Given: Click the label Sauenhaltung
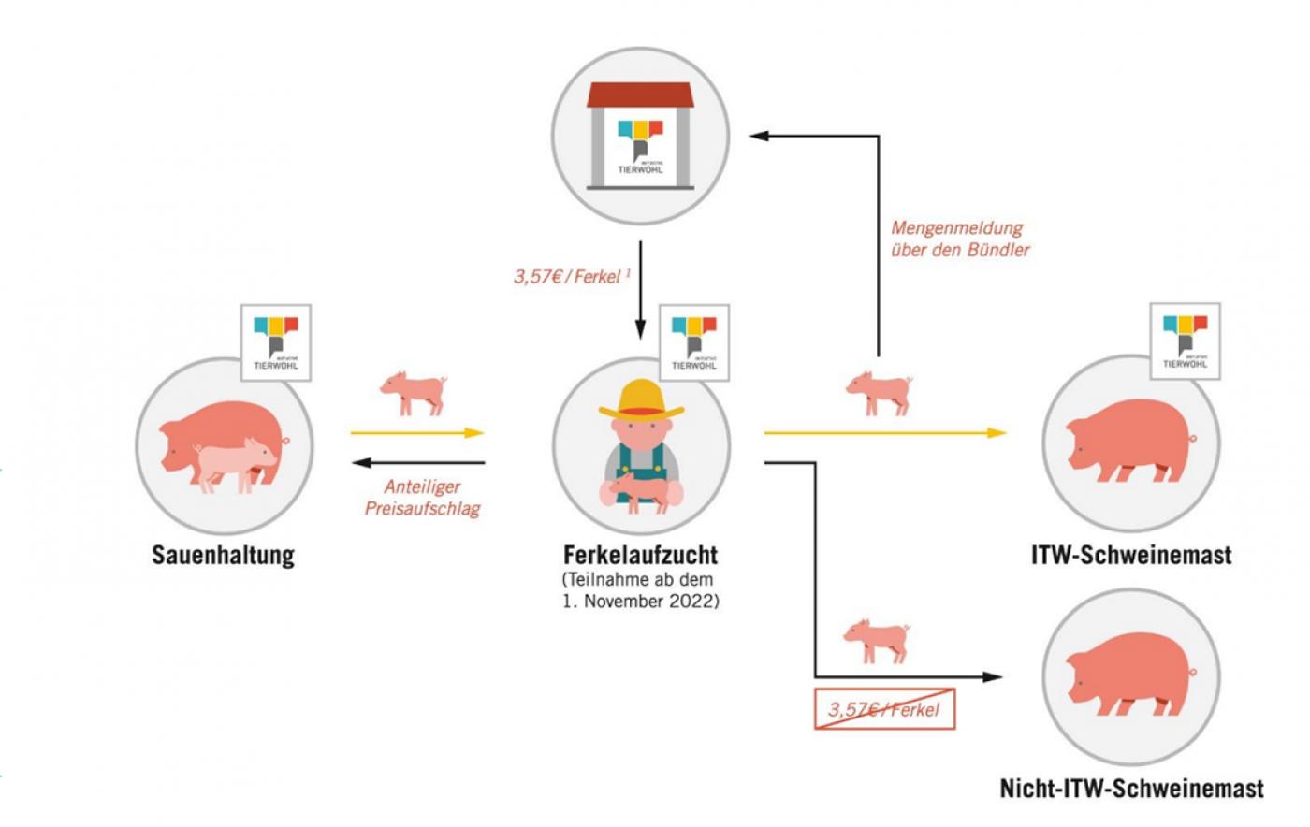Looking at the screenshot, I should tap(223, 556).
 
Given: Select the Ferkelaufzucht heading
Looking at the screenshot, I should tap(640, 556).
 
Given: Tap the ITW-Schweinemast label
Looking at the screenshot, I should tap(1130, 556).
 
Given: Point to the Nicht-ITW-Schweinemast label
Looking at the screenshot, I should tap(1131, 789).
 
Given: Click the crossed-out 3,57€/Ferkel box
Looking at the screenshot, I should tap(884, 709).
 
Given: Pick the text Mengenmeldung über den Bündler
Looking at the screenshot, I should tap(960, 239).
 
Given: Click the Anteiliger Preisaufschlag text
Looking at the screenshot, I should tap(422, 498).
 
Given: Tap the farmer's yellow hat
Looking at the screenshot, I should tap(641, 399).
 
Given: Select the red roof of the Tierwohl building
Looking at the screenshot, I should tap(639, 95).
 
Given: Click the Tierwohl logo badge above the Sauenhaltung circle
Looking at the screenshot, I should tap(276, 342).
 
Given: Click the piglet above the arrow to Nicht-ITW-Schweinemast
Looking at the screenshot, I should tap(877, 639).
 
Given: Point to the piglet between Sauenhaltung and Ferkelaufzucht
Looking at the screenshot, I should tap(413, 391).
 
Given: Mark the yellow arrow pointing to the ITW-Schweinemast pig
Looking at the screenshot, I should tap(885, 433).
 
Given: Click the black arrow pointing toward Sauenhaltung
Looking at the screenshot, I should tap(419, 462).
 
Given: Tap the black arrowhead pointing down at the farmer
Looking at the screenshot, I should tap(640, 328).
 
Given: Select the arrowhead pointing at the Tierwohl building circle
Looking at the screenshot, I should tap(758, 137).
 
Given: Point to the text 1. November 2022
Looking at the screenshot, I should tap(641, 601).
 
